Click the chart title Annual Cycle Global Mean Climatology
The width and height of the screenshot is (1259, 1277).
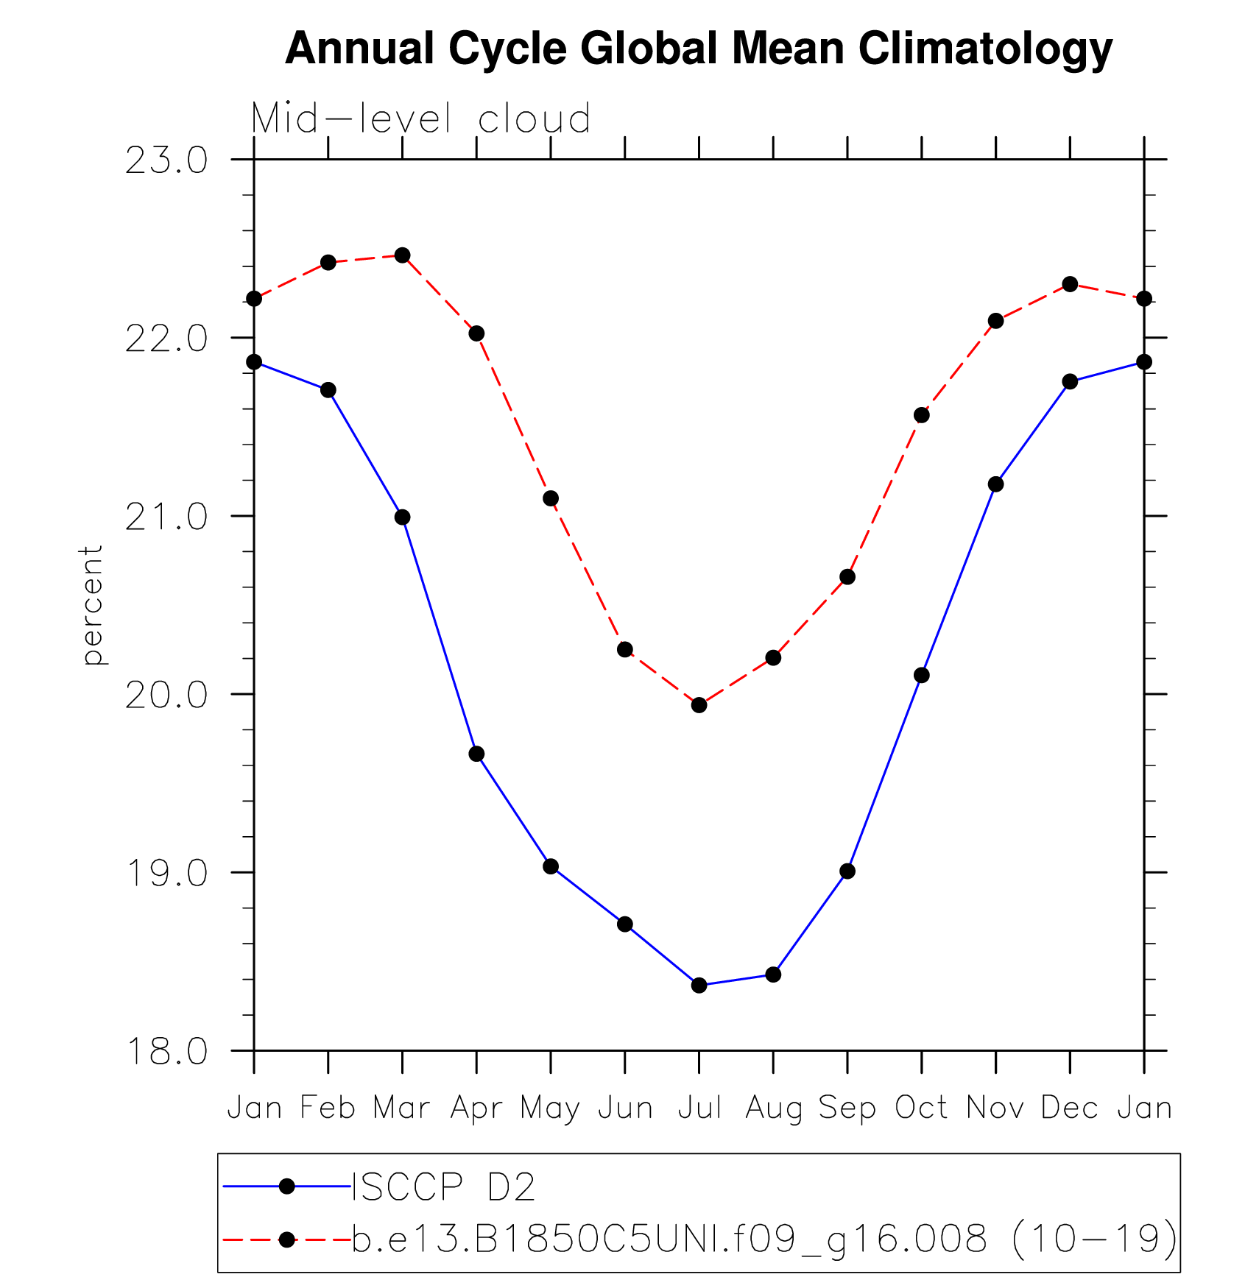coord(698,49)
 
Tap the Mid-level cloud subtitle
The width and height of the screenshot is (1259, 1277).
coord(420,118)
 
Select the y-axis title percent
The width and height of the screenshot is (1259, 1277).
coord(92,605)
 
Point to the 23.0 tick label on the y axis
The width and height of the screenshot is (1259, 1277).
coord(166,161)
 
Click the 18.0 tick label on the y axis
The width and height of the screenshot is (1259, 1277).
coord(166,1052)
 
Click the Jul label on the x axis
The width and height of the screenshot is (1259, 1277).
coord(699,1108)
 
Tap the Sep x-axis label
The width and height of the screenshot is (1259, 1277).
coord(847,1108)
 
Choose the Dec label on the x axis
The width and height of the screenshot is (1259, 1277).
coord(1069,1108)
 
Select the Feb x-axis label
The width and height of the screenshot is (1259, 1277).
coord(328,1108)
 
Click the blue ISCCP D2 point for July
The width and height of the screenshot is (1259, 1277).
coord(699,985)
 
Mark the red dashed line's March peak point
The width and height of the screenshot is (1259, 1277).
coord(402,255)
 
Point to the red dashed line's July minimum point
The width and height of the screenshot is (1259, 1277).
coord(699,705)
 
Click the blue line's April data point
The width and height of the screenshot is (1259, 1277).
coord(476,754)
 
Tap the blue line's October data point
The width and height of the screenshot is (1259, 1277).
coord(921,675)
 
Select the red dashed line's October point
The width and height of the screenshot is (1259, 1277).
coord(921,415)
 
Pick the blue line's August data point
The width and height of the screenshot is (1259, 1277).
coord(773,974)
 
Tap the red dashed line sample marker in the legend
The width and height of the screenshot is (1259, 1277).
coord(287,1240)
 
